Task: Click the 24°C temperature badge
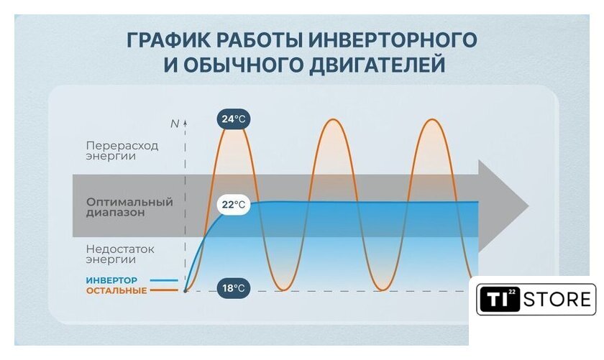[x=234, y=119]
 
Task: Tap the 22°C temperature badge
[x=234, y=204]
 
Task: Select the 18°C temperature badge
[x=234, y=288]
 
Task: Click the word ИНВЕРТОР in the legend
[x=111, y=280]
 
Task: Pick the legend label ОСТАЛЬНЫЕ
[x=116, y=291]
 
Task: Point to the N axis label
[x=175, y=124]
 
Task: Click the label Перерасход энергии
[x=122, y=151]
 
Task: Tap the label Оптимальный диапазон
[x=129, y=207]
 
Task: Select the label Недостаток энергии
[x=120, y=254]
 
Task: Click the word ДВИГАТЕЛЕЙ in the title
[x=377, y=65]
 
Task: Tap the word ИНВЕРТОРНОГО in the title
[x=393, y=40]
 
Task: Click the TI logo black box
[x=500, y=299]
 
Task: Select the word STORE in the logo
[x=557, y=300]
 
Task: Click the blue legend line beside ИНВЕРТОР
[x=164, y=281]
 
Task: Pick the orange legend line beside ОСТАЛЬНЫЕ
[x=164, y=291]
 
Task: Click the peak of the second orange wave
[x=333, y=120]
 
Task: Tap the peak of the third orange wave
[x=432, y=120]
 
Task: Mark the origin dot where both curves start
[x=186, y=291]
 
